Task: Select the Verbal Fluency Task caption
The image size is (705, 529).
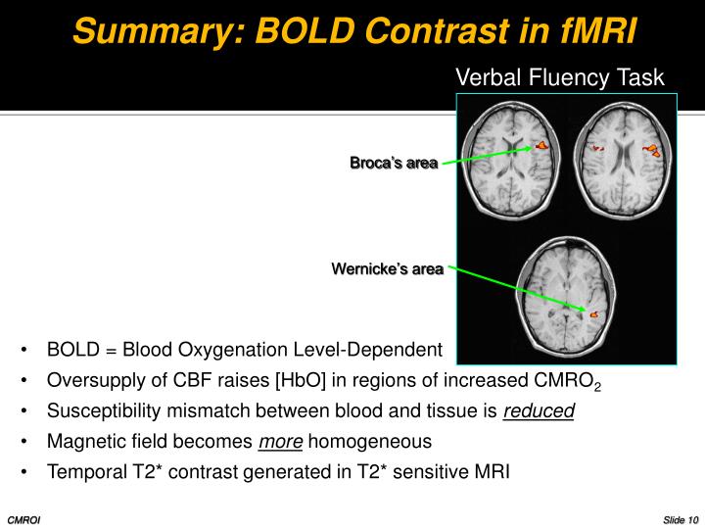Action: coord(561,77)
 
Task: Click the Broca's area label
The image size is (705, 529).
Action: coord(394,163)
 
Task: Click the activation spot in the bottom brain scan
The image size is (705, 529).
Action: coord(593,314)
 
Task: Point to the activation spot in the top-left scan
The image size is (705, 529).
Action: coord(540,147)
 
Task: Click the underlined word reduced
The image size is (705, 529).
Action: coord(539,411)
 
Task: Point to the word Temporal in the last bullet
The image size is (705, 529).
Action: coord(84,472)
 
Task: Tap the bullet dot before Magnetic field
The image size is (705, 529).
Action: coord(23,442)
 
